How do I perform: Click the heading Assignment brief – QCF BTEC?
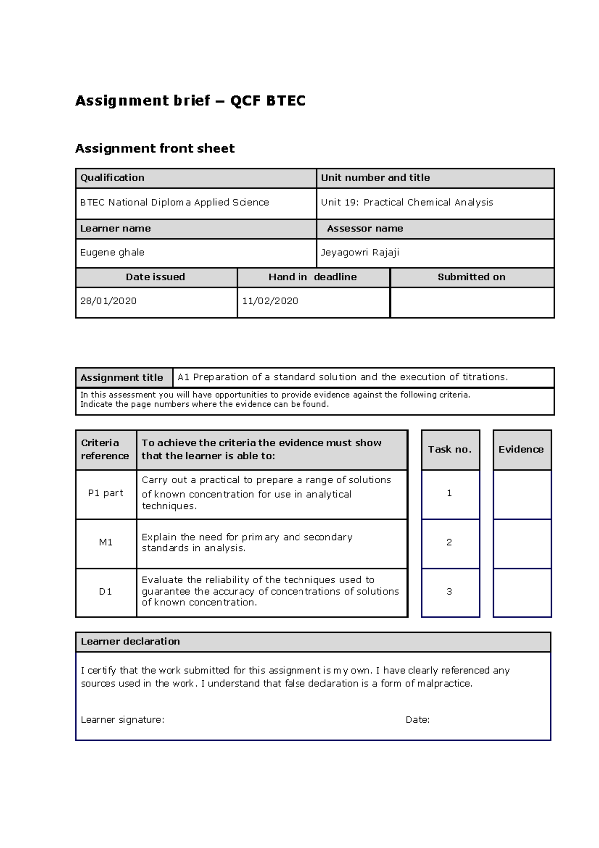pos(190,101)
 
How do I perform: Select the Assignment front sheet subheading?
pos(155,148)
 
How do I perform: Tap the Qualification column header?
pos(112,178)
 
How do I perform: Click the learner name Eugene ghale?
pos(112,253)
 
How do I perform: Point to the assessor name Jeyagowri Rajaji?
pos(360,253)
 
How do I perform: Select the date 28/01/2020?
pos(108,301)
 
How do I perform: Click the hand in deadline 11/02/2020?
pos(270,301)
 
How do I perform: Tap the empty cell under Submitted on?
pos(472,303)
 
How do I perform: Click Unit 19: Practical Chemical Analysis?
pos(407,203)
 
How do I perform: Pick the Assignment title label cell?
pos(122,378)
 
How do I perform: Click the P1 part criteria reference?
pos(106,493)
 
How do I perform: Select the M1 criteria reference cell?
pos(106,543)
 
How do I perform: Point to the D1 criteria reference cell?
pos(106,592)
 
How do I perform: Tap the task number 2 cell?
pos(449,543)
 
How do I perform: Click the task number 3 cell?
pos(449,592)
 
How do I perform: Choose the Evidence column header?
pos(521,449)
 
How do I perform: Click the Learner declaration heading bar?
pos(313,642)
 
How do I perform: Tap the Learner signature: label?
pos(123,720)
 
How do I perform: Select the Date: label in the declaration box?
pos(418,720)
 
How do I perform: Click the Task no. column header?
pos(450,449)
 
